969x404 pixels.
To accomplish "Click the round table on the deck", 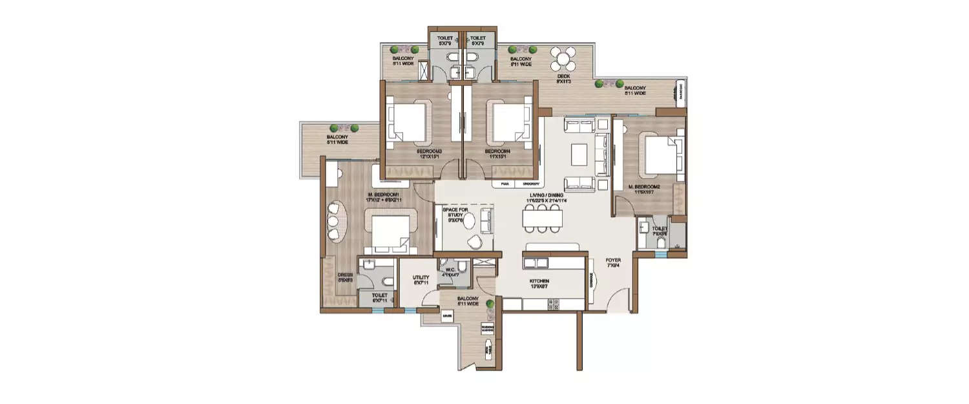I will tap(564, 60).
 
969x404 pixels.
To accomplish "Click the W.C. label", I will tap(448, 270).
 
